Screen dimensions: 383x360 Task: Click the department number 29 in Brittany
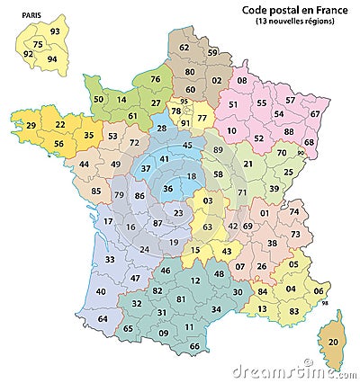[31, 125]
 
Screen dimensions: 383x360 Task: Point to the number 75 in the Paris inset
[38, 44]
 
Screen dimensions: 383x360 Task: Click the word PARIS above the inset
[31, 15]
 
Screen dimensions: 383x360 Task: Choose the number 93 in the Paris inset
[56, 32]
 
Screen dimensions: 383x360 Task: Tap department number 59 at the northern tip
[212, 53]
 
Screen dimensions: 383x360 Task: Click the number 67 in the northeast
[314, 114]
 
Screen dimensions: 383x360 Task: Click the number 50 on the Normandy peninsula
[98, 99]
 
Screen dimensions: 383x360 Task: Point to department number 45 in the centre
[186, 146]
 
